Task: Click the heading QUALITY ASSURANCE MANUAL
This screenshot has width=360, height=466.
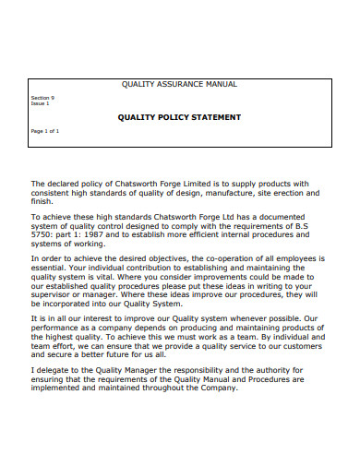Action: coord(179,84)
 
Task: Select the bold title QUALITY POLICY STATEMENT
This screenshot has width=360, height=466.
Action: coord(179,117)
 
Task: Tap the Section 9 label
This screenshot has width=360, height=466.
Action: coord(42,98)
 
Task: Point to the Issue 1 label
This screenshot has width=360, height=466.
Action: coord(41,103)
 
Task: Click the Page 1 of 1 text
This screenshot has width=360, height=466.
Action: coord(45,131)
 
